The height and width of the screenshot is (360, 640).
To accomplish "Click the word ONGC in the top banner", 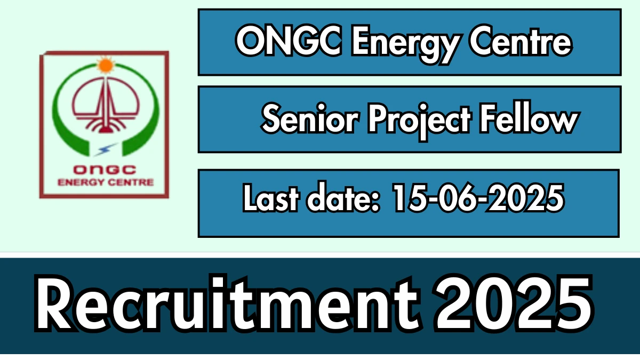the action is (x=289, y=41).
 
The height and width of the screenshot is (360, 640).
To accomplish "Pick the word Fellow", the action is (x=529, y=117).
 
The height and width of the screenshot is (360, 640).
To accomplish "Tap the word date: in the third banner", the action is (x=343, y=198).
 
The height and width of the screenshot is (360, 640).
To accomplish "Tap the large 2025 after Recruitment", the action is (x=514, y=303).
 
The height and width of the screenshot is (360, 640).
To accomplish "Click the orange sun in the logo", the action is (x=106, y=65).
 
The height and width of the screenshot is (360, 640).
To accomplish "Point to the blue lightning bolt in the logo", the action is (x=106, y=149).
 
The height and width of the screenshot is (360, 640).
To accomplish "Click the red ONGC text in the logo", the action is (x=105, y=170).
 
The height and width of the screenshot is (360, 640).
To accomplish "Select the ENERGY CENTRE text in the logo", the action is (x=106, y=182).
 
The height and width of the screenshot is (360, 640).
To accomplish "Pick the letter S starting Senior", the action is (x=271, y=118).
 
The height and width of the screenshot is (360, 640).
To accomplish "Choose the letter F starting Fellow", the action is (x=489, y=117).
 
